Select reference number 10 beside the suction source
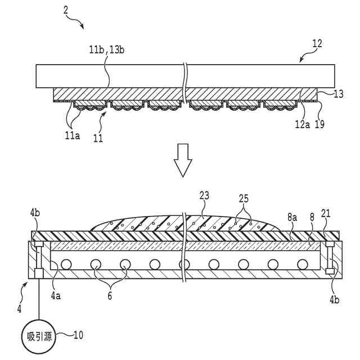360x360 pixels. point(78,335)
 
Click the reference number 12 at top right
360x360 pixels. point(317,43)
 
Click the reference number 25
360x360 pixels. point(243,198)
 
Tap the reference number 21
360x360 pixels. point(325,214)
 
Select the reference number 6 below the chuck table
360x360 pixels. point(110,293)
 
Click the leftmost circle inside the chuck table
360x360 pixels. point(66,264)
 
